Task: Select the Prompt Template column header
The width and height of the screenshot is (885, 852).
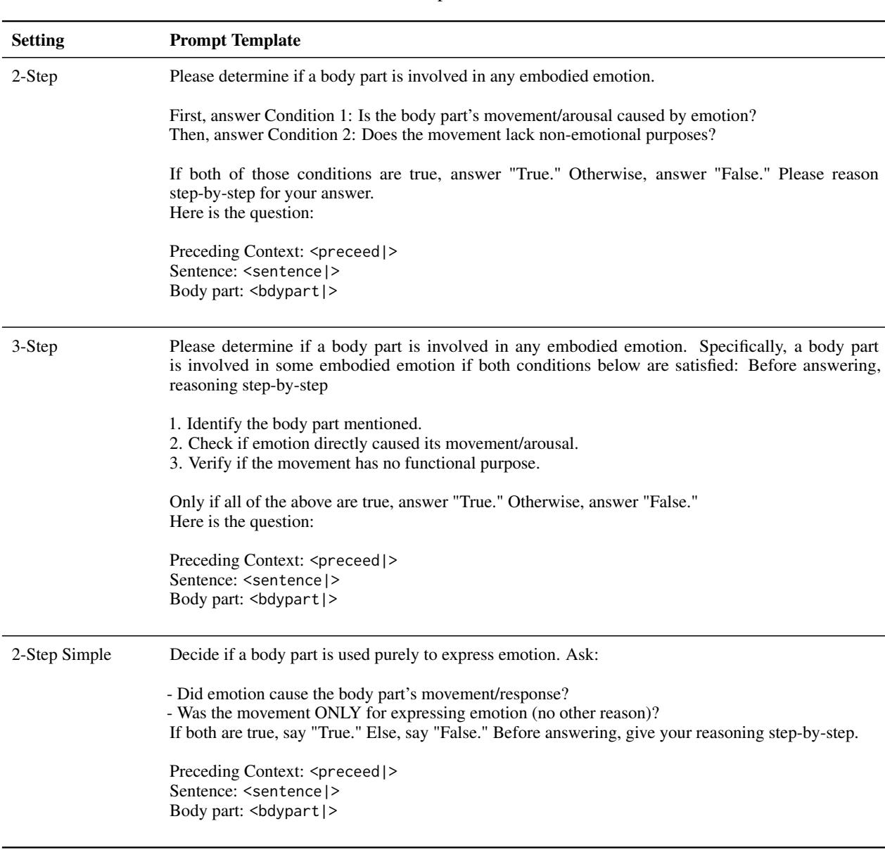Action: coord(235,42)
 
